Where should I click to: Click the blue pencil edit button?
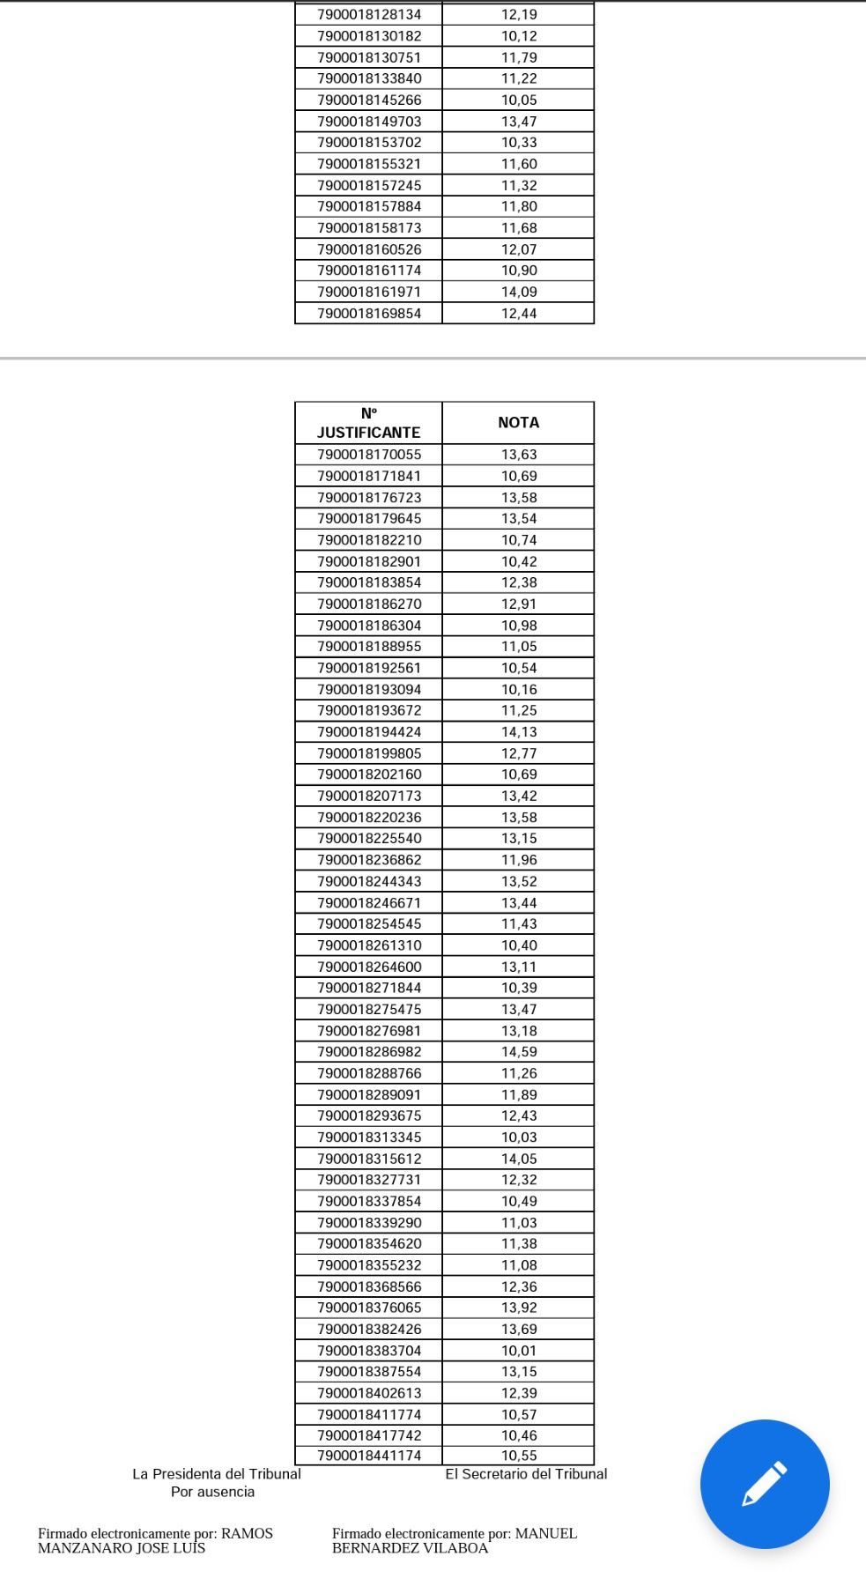[x=764, y=1483]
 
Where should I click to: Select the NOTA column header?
[x=518, y=423]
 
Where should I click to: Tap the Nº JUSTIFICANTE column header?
[x=368, y=423]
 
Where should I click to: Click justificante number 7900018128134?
[x=369, y=14]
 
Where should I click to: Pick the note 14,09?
[x=519, y=292]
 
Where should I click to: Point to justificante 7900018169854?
[x=369, y=313]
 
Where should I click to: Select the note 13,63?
[x=519, y=455]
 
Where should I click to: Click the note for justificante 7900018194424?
[x=519, y=731]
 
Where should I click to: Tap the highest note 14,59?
[x=519, y=1051]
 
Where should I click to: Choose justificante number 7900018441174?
[x=369, y=1456]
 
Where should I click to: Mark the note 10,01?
[x=519, y=1350]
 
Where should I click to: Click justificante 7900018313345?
[x=369, y=1137]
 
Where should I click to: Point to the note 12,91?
[x=519, y=604]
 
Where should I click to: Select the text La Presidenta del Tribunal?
[x=216, y=1473]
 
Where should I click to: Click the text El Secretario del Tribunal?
[x=526, y=1473]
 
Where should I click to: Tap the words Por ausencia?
[x=212, y=1492]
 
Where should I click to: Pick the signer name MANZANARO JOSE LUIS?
[x=122, y=1548]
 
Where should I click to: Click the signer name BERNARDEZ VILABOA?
[x=410, y=1548]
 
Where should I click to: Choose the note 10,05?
[x=519, y=100]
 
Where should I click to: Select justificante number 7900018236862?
[x=369, y=859]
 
